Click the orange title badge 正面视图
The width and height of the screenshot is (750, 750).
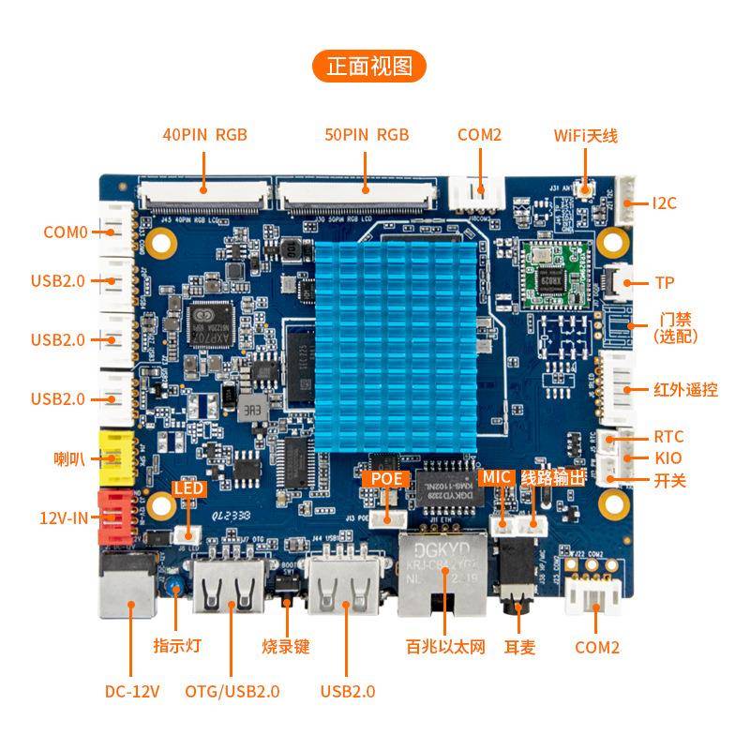pos(369,66)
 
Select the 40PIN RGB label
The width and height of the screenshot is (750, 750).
pos(204,134)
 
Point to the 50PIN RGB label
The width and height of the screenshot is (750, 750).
pos(367,134)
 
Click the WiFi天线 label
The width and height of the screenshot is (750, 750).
pos(585,135)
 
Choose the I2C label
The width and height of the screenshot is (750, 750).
pos(664,202)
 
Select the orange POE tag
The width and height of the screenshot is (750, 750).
pos(385,478)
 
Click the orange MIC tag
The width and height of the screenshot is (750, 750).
pos(495,477)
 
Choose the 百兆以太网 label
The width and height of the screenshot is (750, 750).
pos(445,647)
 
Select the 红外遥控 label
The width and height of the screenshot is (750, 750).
pos(685,389)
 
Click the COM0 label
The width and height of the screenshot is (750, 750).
pos(65,232)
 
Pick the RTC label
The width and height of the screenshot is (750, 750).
pos(668,437)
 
